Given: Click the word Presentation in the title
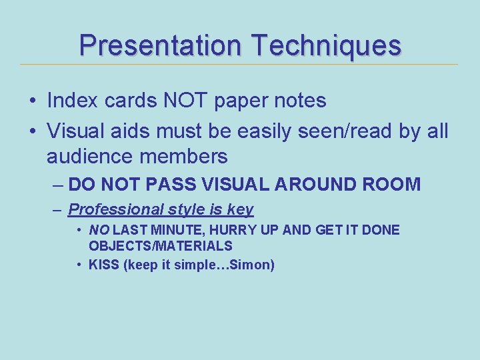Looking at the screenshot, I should [160, 45].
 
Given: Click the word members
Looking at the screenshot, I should [183, 157].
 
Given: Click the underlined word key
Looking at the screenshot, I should [240, 209].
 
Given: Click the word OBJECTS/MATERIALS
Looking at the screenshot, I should [161, 245].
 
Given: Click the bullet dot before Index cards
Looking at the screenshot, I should [32, 101].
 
